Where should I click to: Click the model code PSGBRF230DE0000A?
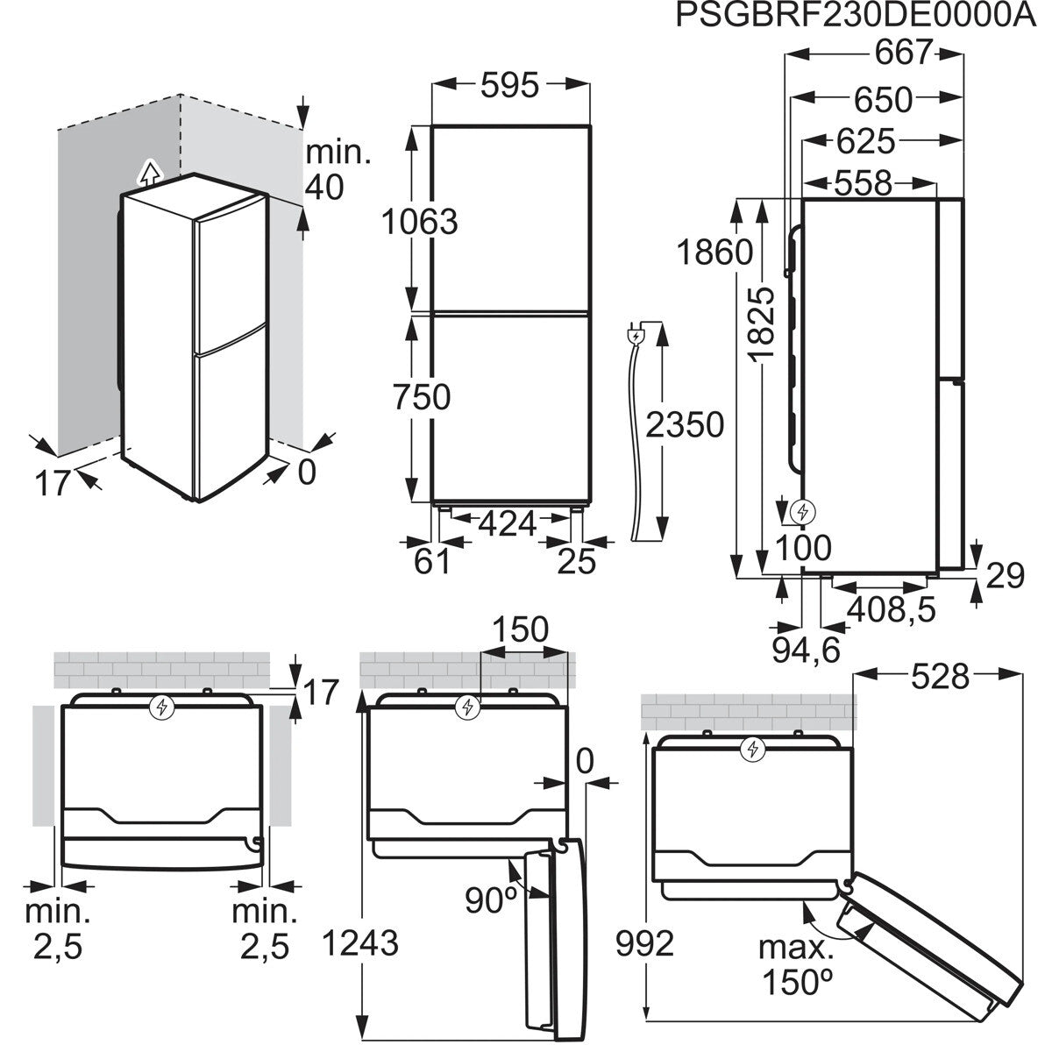[856, 15]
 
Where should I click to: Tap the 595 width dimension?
[510, 85]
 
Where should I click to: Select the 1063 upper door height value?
[419, 222]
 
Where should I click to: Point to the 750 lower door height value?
[422, 397]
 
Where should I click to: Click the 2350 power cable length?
[685, 424]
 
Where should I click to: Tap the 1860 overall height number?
[715, 252]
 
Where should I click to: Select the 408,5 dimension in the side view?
[891, 609]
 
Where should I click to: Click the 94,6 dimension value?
[806, 650]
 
